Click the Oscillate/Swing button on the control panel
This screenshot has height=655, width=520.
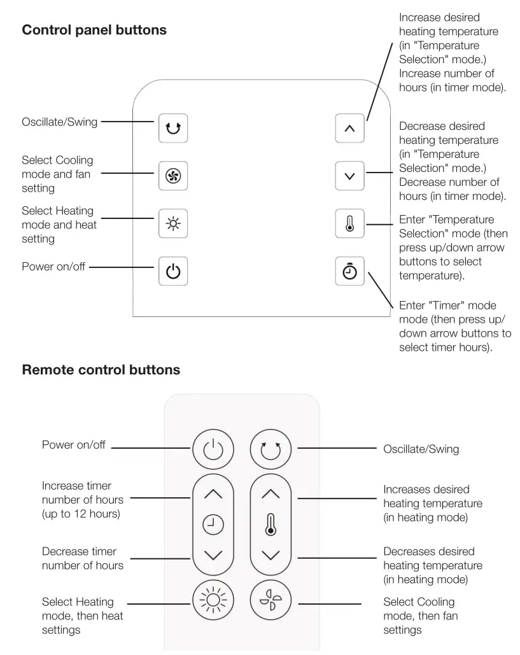(x=172, y=128)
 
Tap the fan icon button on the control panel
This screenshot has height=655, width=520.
(x=172, y=176)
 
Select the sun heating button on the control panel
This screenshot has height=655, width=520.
(x=172, y=224)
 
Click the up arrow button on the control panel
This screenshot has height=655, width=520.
(x=349, y=128)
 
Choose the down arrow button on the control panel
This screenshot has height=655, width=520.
(x=349, y=176)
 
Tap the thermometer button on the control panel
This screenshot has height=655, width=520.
(x=349, y=224)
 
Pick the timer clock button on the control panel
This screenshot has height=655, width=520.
(x=349, y=271)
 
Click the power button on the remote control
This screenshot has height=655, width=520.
(x=213, y=448)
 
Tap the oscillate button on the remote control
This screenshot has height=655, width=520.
(x=271, y=448)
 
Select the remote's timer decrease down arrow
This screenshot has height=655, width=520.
(x=213, y=554)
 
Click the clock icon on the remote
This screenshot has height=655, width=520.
(x=213, y=525)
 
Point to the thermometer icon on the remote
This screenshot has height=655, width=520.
(x=271, y=525)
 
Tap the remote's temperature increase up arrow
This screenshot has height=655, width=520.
(x=271, y=493)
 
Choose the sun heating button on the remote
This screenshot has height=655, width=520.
(x=213, y=600)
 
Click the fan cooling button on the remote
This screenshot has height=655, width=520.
(x=271, y=600)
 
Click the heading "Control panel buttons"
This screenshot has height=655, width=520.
(x=94, y=30)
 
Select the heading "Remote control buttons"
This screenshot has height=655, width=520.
(x=101, y=370)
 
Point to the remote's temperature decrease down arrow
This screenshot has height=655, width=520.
(x=271, y=554)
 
